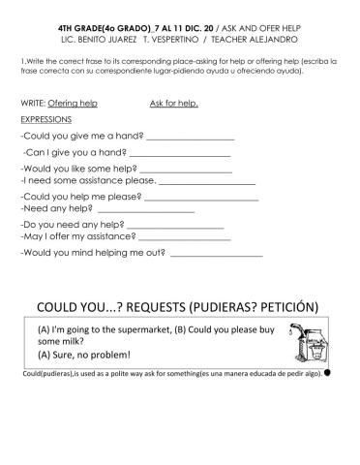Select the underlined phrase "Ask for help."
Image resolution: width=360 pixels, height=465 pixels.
coord(174,102)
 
